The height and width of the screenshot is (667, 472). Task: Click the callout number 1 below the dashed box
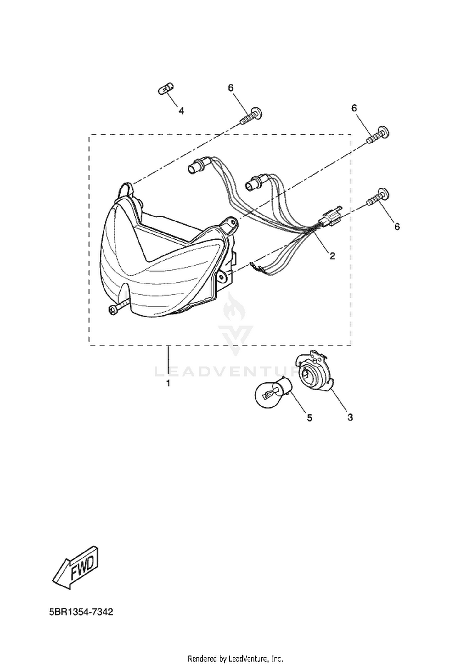[168, 384]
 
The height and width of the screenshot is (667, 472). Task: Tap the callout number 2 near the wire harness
[332, 256]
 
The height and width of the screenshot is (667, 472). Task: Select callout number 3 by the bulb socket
[350, 418]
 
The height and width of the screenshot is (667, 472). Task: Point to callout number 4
[181, 111]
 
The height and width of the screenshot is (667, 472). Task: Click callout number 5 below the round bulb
[310, 418]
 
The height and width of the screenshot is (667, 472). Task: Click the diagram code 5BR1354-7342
[81, 621]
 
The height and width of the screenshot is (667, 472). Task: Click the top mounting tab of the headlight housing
[127, 190]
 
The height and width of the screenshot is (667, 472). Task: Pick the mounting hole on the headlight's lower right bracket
[222, 276]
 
